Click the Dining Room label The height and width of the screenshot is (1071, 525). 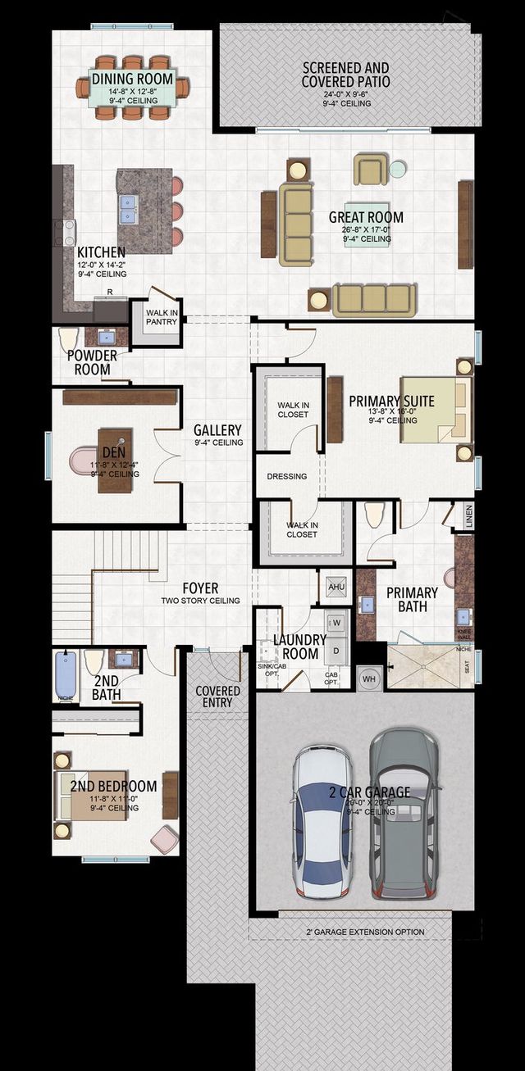point(133,79)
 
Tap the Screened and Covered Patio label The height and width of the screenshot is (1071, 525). point(345,75)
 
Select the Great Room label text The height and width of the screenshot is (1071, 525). point(366,217)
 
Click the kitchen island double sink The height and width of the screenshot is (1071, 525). point(128,209)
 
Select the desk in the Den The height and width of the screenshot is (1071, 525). point(115,460)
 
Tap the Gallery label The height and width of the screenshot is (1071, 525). point(217,430)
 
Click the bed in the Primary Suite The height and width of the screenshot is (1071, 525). point(436,410)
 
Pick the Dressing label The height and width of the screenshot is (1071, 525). point(287,476)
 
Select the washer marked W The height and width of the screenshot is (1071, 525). point(336,623)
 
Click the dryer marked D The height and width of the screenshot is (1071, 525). point(336,650)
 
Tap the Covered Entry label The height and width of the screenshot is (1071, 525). point(217,697)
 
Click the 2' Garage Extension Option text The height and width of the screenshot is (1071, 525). point(365,932)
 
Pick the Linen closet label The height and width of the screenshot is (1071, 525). point(469,515)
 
